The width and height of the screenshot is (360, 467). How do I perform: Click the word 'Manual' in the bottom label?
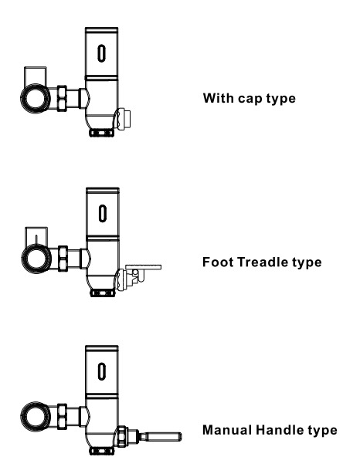coord(227,430)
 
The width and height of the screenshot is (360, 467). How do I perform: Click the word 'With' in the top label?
coord(219,98)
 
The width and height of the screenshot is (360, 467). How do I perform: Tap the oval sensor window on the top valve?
coord(102,53)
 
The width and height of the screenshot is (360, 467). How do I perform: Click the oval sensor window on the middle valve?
coord(103,213)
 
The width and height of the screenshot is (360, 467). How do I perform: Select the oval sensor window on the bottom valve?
coord(102,371)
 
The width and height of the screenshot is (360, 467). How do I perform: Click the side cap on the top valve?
coord(124,119)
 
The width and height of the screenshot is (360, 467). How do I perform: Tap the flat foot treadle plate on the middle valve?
coord(144,267)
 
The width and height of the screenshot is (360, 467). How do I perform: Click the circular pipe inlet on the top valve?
coord(36,99)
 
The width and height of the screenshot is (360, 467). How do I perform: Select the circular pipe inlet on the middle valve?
coord(36,259)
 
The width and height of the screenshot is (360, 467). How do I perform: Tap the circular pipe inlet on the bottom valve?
coord(36,416)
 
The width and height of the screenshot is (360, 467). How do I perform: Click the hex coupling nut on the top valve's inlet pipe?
coord(62,99)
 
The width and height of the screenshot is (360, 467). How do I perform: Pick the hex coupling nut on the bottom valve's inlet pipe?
coord(62,416)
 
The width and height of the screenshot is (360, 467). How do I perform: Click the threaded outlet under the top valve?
coord(102,133)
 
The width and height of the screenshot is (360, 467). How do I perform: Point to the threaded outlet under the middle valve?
coord(102,293)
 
